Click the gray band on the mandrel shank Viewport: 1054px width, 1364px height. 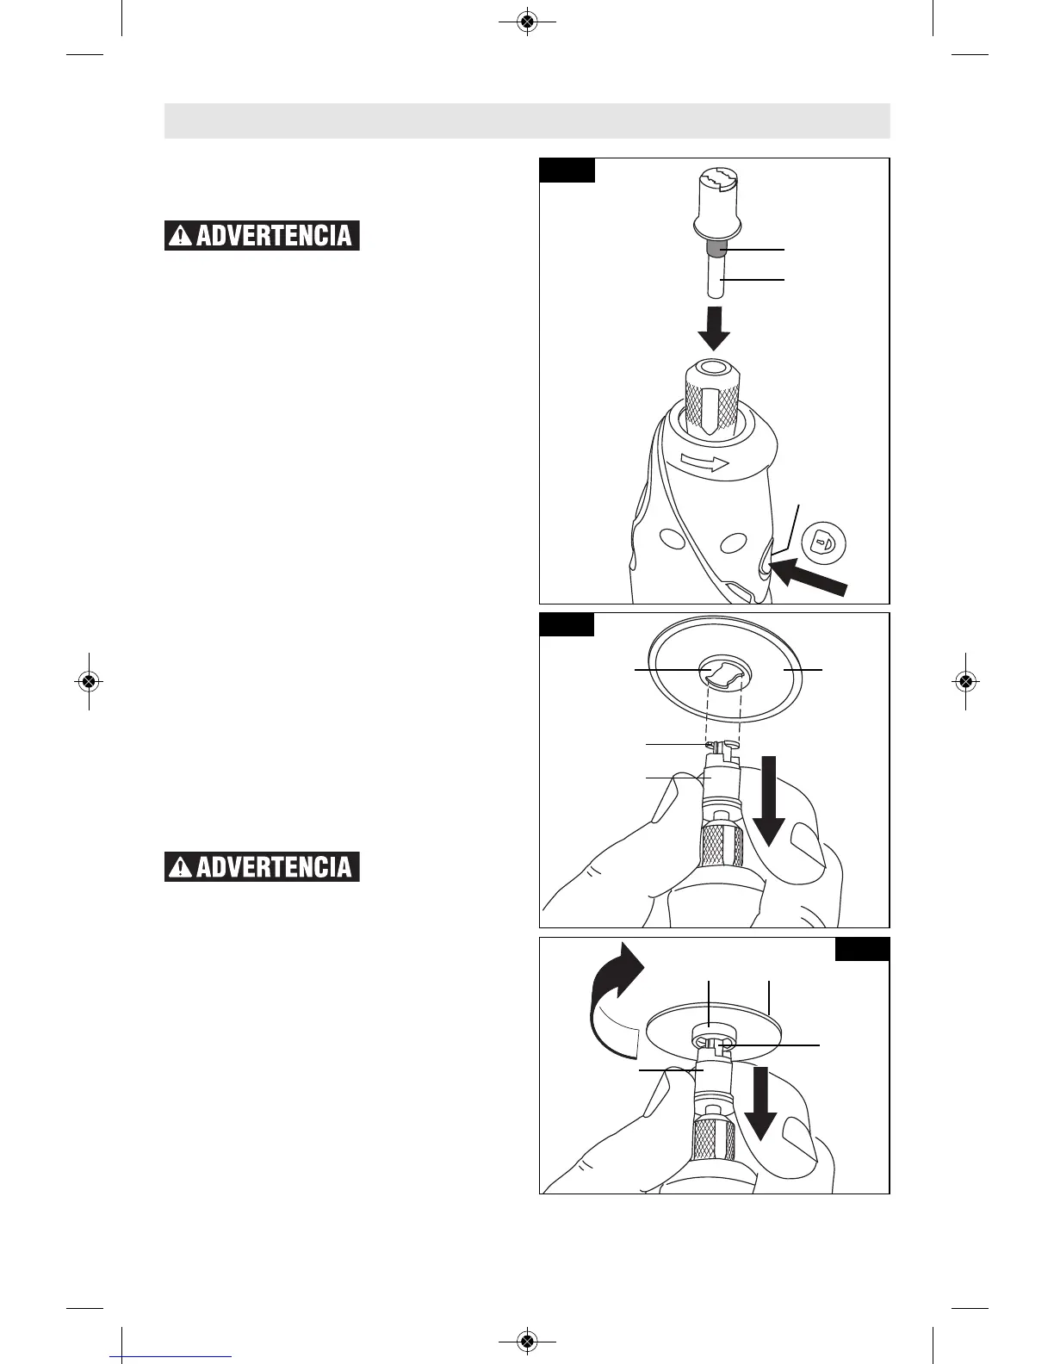click(715, 250)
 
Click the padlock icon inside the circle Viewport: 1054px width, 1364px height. click(824, 543)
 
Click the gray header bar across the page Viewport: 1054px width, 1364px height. click(527, 121)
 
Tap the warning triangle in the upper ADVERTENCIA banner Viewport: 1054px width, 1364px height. click(181, 236)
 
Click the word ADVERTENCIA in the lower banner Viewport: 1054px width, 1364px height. click(274, 867)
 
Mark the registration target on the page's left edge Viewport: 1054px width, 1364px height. click(88, 681)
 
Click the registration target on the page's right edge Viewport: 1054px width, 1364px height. click(965, 681)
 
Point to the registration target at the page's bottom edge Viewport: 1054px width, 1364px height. click(527, 1341)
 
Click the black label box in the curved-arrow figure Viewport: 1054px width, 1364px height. click(862, 949)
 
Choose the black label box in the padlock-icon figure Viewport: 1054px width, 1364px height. click(567, 170)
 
